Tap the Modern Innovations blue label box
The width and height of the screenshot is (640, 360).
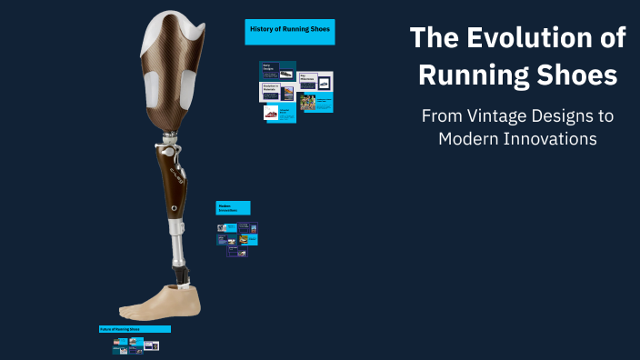point(232,207)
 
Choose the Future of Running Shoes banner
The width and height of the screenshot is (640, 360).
point(134,329)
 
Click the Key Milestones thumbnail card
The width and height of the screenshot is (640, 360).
point(315,81)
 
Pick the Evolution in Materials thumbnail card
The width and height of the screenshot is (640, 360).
point(278,93)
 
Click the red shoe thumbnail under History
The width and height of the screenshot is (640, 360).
point(272,114)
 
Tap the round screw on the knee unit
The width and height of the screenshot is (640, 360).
point(173,208)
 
